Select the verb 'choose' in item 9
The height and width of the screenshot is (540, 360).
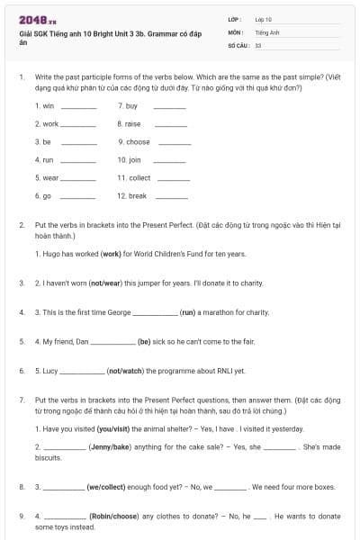[138, 141]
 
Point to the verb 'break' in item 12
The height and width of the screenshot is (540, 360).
[137, 195]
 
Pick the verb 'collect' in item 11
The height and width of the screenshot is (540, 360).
[139, 177]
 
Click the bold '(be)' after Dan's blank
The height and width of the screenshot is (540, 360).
[144, 341]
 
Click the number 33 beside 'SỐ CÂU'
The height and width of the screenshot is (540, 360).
[258, 44]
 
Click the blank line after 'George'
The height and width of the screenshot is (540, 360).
[155, 312]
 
